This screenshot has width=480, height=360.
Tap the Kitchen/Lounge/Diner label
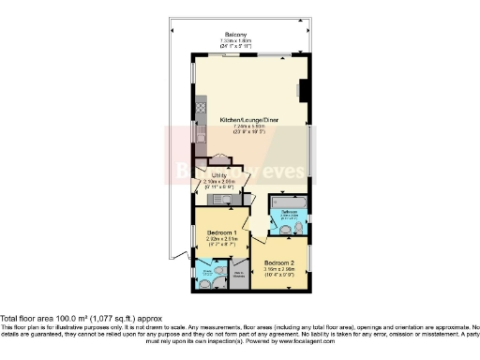[x=248, y=121]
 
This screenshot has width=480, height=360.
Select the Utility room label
[x=219, y=175]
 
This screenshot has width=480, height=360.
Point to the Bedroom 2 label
[x=278, y=262]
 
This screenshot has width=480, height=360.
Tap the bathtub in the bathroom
[x=288, y=202]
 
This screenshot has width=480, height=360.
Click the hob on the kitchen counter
[x=200, y=108]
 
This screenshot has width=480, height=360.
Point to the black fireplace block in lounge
[x=303, y=90]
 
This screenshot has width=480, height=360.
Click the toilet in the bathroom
[x=298, y=228]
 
